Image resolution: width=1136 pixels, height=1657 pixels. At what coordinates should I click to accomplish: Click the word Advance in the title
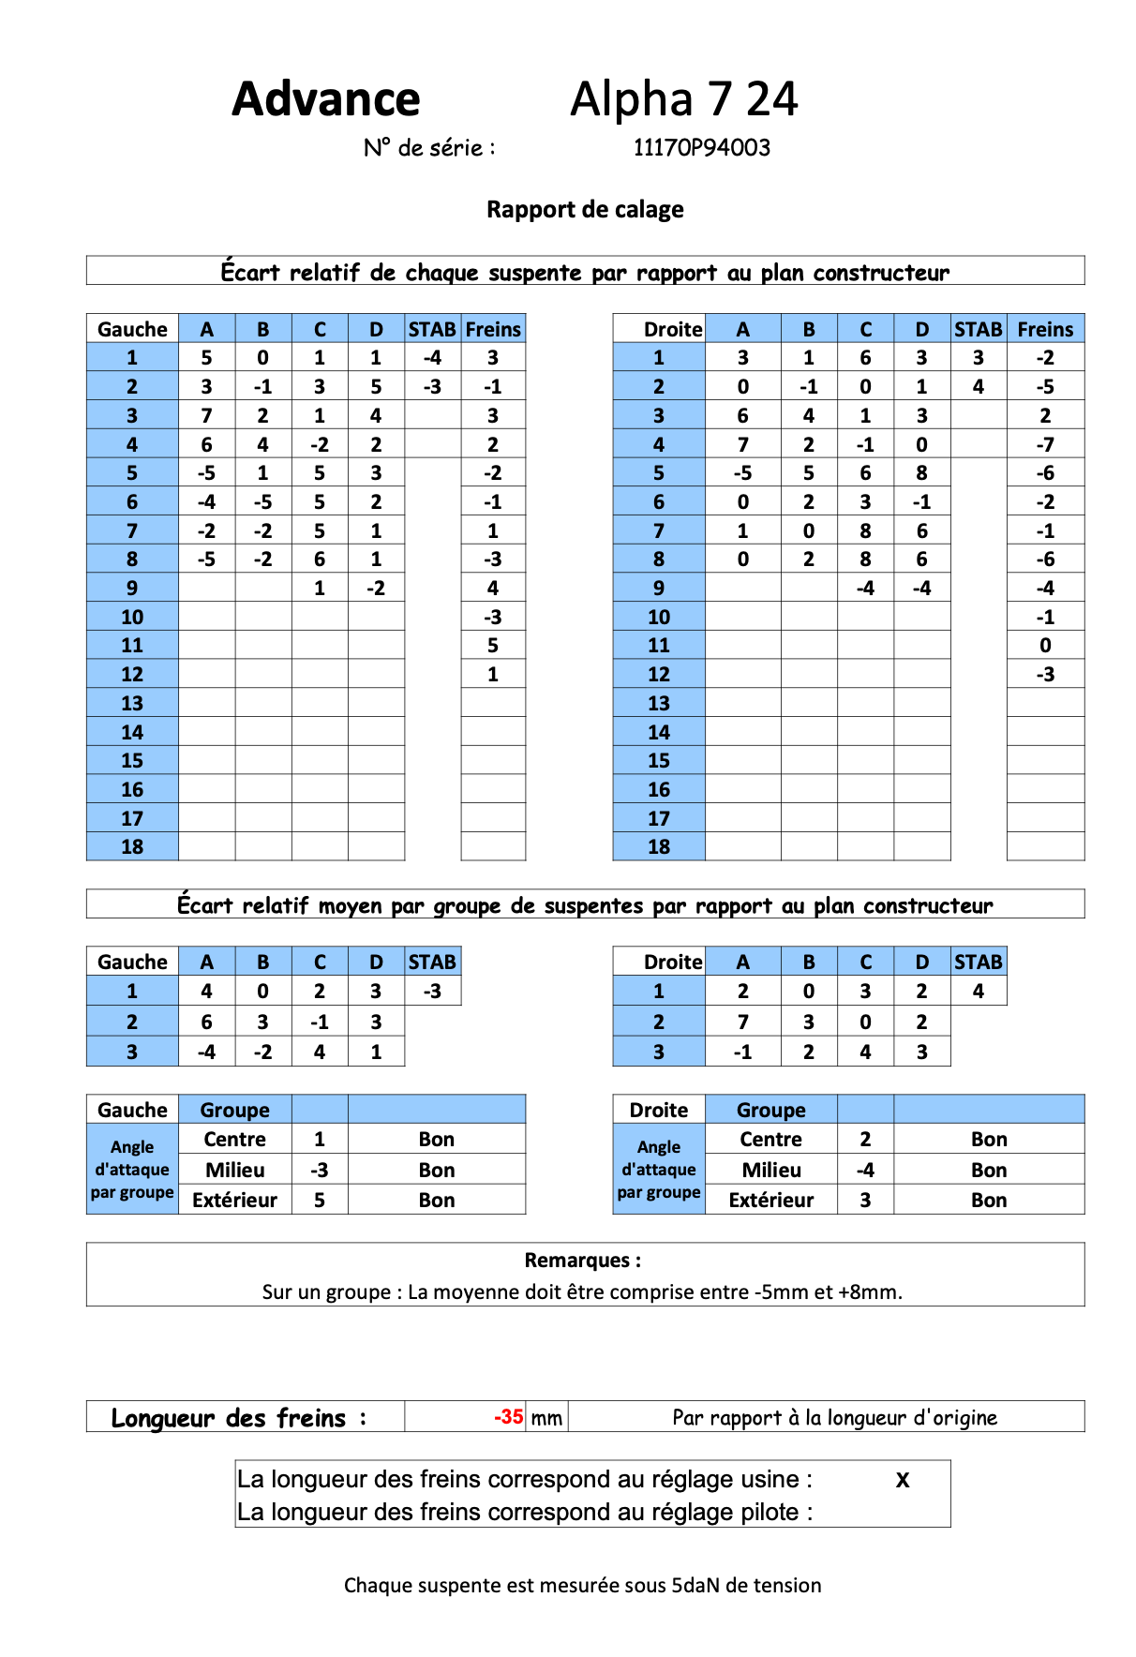point(325,99)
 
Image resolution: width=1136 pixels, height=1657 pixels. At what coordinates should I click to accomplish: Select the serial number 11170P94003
point(701,148)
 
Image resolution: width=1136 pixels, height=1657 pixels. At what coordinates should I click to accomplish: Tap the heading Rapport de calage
point(585,210)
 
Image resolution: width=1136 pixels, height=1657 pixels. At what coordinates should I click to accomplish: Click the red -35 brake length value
point(508,1416)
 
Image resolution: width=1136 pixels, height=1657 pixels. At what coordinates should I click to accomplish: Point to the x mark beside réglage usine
point(902,1480)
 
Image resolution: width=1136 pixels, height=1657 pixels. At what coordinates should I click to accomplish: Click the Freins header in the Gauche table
point(493,329)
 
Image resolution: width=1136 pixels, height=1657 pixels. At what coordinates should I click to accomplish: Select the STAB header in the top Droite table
point(978,329)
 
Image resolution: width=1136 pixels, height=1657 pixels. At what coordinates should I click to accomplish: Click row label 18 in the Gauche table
point(132,846)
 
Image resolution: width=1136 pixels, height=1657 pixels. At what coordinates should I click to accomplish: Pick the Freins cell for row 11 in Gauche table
point(493,645)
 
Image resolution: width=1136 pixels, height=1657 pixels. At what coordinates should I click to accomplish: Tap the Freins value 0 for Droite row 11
point(1045,645)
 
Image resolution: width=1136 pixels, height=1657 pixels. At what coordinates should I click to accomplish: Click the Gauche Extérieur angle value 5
point(320,1200)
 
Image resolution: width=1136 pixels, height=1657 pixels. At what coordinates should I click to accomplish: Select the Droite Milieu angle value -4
point(865,1170)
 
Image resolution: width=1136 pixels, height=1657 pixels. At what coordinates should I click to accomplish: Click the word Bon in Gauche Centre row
point(437,1140)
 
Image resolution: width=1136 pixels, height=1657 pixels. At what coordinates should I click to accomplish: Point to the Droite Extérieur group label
point(770,1200)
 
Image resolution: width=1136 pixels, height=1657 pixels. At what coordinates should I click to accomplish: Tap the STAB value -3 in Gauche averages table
point(432,991)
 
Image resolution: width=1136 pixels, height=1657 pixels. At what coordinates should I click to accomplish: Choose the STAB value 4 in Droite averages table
point(978,991)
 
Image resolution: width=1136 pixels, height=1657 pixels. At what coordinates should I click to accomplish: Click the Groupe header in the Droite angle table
point(770,1110)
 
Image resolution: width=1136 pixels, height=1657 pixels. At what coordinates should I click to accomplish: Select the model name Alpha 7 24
point(683,99)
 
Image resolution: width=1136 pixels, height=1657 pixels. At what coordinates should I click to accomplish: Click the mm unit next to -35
point(546,1418)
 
